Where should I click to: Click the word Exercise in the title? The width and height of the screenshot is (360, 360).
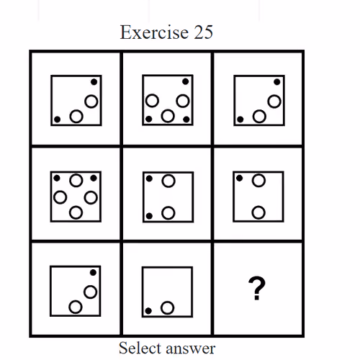tap(154, 32)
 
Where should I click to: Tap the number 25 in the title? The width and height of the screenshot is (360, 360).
tap(203, 32)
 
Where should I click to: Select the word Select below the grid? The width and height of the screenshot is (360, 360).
tap(140, 348)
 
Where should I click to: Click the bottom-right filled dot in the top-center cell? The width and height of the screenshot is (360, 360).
tap(186, 119)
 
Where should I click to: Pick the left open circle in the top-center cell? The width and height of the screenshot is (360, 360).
tap(152, 101)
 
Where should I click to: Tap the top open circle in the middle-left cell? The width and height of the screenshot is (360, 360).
tap(76, 180)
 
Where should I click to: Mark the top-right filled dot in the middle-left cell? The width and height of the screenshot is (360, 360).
tap(94, 178)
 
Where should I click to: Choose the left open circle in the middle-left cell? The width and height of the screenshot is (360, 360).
tap(60, 197)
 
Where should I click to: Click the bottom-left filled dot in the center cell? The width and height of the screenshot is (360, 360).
tap(149, 216)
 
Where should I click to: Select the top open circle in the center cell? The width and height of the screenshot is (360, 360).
tap(168, 181)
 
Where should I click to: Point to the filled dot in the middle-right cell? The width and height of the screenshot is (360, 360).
tap(239, 178)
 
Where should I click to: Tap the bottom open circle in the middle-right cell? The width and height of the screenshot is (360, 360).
tap(258, 212)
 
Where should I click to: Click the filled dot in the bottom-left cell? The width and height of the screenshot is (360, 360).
tap(93, 272)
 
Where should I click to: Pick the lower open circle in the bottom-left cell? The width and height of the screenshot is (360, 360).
tap(76, 307)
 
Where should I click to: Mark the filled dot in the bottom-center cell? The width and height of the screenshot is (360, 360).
tap(148, 311)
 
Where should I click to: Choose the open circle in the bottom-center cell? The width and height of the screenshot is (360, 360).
tap(167, 307)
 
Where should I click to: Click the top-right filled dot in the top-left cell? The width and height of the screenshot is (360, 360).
tap(94, 82)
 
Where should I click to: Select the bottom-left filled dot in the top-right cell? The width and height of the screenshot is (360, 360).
tap(240, 120)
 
